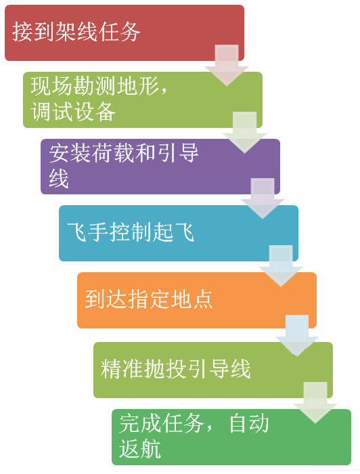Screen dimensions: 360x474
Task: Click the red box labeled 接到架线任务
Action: (124, 33)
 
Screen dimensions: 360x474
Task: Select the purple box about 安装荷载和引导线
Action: (160, 167)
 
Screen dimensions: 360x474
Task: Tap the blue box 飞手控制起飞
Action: (178, 233)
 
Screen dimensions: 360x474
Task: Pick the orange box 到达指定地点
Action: (197, 300)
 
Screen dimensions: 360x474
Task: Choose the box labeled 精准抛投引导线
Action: (213, 370)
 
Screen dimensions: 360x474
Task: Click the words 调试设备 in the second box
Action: (73, 112)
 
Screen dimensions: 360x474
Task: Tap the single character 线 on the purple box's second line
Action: (59, 178)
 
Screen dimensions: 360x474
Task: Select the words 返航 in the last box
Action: (140, 448)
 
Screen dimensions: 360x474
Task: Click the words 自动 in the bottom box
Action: (249, 423)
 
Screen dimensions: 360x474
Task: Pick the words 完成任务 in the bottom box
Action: (162, 423)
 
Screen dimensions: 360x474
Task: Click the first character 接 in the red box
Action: (22, 31)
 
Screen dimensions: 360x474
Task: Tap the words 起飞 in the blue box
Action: (174, 232)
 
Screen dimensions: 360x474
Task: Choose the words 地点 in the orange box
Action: (192, 299)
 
